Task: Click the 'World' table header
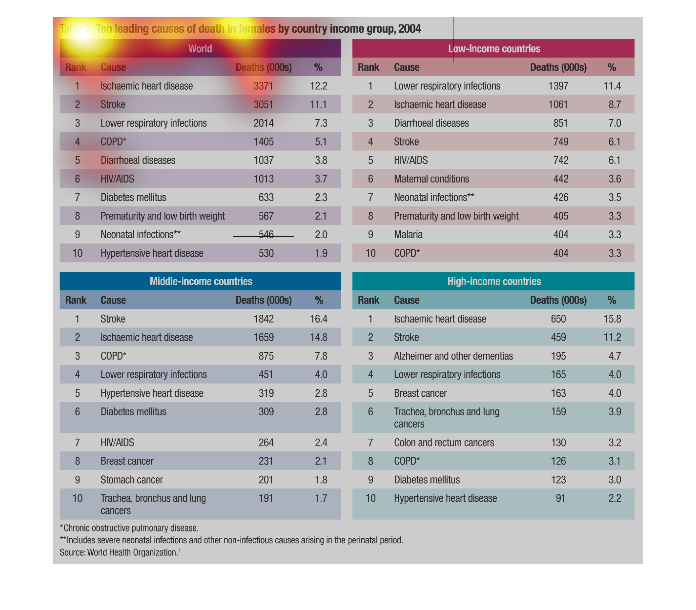click(x=200, y=49)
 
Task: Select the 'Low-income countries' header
click(x=494, y=49)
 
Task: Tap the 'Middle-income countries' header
click(x=201, y=282)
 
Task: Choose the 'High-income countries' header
click(x=494, y=282)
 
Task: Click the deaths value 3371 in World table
click(x=264, y=86)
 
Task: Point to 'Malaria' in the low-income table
click(x=408, y=235)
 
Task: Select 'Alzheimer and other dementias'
click(x=453, y=356)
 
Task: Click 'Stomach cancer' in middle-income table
click(x=132, y=480)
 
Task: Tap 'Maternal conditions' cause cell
click(x=431, y=179)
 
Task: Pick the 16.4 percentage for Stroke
click(x=318, y=319)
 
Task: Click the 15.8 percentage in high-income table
click(x=612, y=319)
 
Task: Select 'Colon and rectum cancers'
click(x=444, y=443)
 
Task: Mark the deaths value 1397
click(x=558, y=86)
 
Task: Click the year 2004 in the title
click(x=409, y=29)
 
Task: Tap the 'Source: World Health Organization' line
click(x=120, y=552)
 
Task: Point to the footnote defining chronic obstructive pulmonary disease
click(x=129, y=528)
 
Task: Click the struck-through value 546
click(x=266, y=235)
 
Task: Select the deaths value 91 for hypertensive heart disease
click(x=560, y=499)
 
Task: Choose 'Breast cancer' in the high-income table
click(x=420, y=393)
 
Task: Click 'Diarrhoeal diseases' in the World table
click(x=138, y=161)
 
